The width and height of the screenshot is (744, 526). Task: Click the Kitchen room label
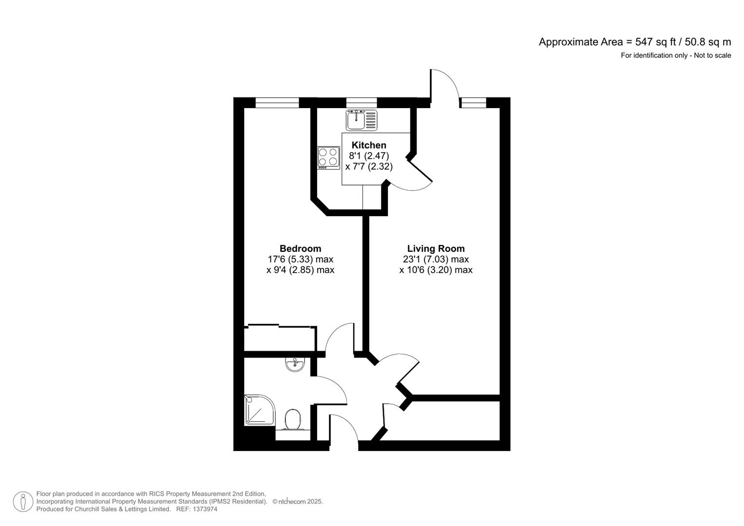[369, 145]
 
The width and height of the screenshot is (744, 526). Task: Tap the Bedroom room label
[300, 248]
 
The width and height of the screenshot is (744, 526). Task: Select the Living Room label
[436, 248]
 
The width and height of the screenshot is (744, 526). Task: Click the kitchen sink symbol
[362, 120]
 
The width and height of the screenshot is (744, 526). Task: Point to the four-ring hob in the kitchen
[328, 157]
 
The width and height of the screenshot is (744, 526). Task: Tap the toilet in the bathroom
[293, 419]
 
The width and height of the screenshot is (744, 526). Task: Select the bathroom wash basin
[295, 364]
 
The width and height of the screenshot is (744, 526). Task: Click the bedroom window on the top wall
[277, 102]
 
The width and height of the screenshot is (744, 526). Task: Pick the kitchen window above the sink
[362, 102]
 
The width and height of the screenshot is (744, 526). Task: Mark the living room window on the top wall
[474, 102]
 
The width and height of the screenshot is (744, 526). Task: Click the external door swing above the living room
[444, 85]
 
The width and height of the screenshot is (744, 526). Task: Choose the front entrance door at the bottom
[343, 429]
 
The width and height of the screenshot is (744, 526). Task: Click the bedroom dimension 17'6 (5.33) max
[300, 259]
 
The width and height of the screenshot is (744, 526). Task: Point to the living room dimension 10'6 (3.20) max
[436, 270]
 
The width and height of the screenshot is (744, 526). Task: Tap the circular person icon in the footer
[22, 502]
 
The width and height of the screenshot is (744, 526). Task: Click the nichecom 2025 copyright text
[298, 502]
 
